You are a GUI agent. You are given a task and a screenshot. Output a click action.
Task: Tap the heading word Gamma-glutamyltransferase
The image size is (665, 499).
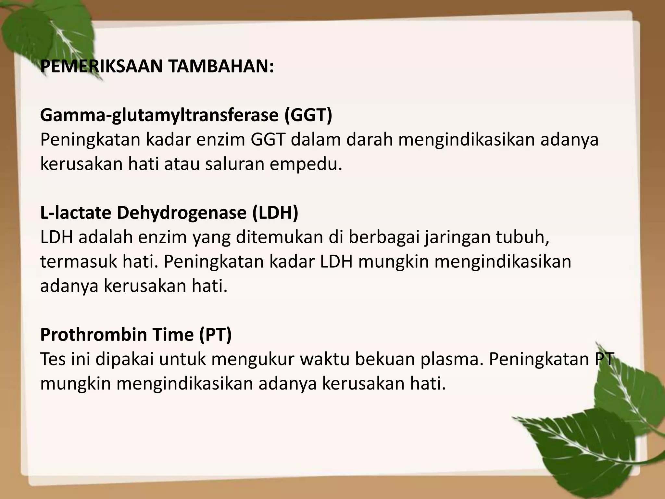[159, 115]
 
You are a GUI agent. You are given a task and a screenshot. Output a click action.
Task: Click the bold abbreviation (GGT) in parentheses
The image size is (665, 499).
[308, 115]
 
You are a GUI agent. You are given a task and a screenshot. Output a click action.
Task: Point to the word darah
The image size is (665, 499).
[369, 140]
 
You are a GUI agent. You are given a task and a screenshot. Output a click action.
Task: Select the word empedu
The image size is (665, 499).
[306, 164]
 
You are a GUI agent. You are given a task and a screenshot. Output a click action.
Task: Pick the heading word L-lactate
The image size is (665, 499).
[75, 213]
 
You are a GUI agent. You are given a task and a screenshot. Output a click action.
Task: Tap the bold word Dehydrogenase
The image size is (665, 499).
[181, 213]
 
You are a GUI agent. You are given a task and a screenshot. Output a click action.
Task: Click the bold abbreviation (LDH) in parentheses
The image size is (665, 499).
[275, 213]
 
